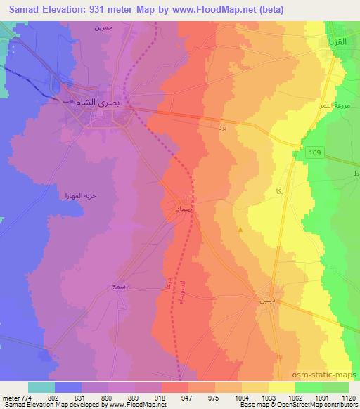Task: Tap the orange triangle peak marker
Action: tap(241, 230)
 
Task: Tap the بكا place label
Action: tap(261, 192)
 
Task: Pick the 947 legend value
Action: tap(186, 397)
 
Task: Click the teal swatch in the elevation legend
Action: tap(41, 387)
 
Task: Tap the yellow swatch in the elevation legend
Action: tap(281, 387)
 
